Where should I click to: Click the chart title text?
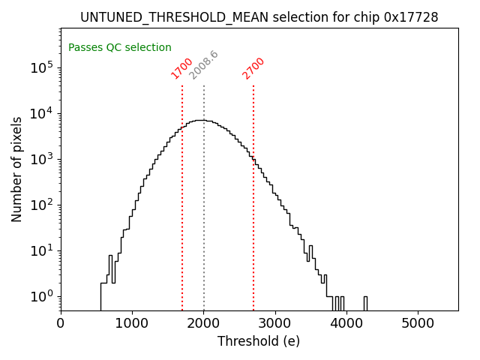point(259,17)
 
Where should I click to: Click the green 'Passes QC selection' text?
point(120,47)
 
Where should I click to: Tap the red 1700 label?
point(182,68)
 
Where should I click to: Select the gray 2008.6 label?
point(203,65)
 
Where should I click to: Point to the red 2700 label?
point(253,68)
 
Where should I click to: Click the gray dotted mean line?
point(204,195)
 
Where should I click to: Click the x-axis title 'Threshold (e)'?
point(259,341)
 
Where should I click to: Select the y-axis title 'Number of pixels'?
point(16,169)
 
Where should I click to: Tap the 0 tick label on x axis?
point(61,323)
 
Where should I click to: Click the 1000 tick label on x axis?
point(132,323)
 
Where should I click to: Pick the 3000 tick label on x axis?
point(275,323)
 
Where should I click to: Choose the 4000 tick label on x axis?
point(346,323)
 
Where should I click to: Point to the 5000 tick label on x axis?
point(418,323)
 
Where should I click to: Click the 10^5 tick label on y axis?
point(42,67)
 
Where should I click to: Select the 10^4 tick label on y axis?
point(42,113)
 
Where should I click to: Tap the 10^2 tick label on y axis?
point(42,205)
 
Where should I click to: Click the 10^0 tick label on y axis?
point(42,296)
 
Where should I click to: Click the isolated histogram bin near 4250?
point(365,303)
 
